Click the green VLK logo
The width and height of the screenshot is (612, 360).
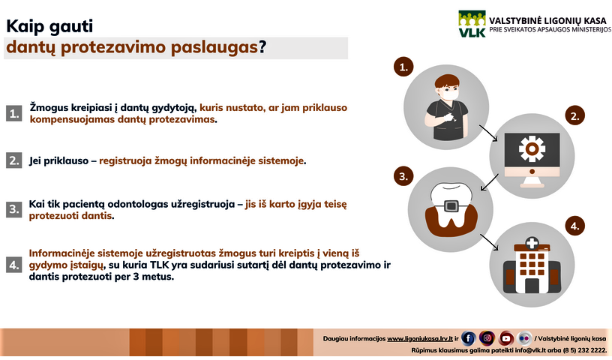tap(472, 24)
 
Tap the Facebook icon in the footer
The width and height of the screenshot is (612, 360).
tap(468, 338)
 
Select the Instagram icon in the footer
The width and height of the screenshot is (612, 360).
tap(487, 338)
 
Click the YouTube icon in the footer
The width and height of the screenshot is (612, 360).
tap(505, 338)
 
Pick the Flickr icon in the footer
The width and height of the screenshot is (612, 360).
tap(524, 338)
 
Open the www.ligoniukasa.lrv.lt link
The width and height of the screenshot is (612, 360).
tap(420, 339)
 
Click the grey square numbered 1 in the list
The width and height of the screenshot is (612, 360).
tap(14, 113)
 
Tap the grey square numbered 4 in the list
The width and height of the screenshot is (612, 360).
tap(14, 265)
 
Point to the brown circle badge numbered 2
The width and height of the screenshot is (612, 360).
tap(575, 116)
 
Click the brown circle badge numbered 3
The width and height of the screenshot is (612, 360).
tap(403, 176)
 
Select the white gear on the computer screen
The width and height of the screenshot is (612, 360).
tap(532, 148)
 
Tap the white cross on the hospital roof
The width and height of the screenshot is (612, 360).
tap(532, 243)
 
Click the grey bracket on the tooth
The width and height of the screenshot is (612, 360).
tap(451, 205)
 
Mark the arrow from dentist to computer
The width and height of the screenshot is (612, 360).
tap(488, 133)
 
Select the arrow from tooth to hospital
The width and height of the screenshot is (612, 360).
tap(490, 242)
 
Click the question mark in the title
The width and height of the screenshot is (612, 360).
tap(262, 47)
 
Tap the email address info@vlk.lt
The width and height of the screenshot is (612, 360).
tap(531, 350)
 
